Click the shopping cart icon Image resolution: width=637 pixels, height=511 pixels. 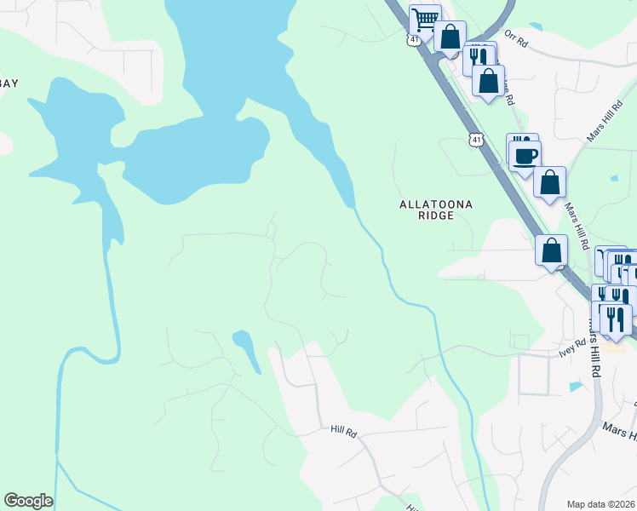[x=424, y=19]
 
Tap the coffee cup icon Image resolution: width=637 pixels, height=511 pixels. [x=525, y=155]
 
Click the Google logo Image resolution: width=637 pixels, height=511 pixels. [x=28, y=501]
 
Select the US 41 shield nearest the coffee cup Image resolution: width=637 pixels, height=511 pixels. [x=475, y=139]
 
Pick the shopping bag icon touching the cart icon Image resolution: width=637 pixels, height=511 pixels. [x=450, y=37]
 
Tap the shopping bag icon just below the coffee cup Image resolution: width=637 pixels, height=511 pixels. [x=550, y=181]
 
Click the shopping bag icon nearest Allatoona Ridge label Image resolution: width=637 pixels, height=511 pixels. [x=552, y=250]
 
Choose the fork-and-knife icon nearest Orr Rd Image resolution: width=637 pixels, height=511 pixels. [x=479, y=56]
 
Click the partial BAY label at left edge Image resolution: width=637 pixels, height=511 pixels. [x=9, y=83]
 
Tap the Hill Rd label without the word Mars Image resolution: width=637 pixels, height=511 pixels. [x=342, y=433]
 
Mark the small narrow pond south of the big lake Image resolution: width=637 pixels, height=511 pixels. [x=247, y=350]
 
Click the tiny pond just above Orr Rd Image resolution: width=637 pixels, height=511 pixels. [x=535, y=26]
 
